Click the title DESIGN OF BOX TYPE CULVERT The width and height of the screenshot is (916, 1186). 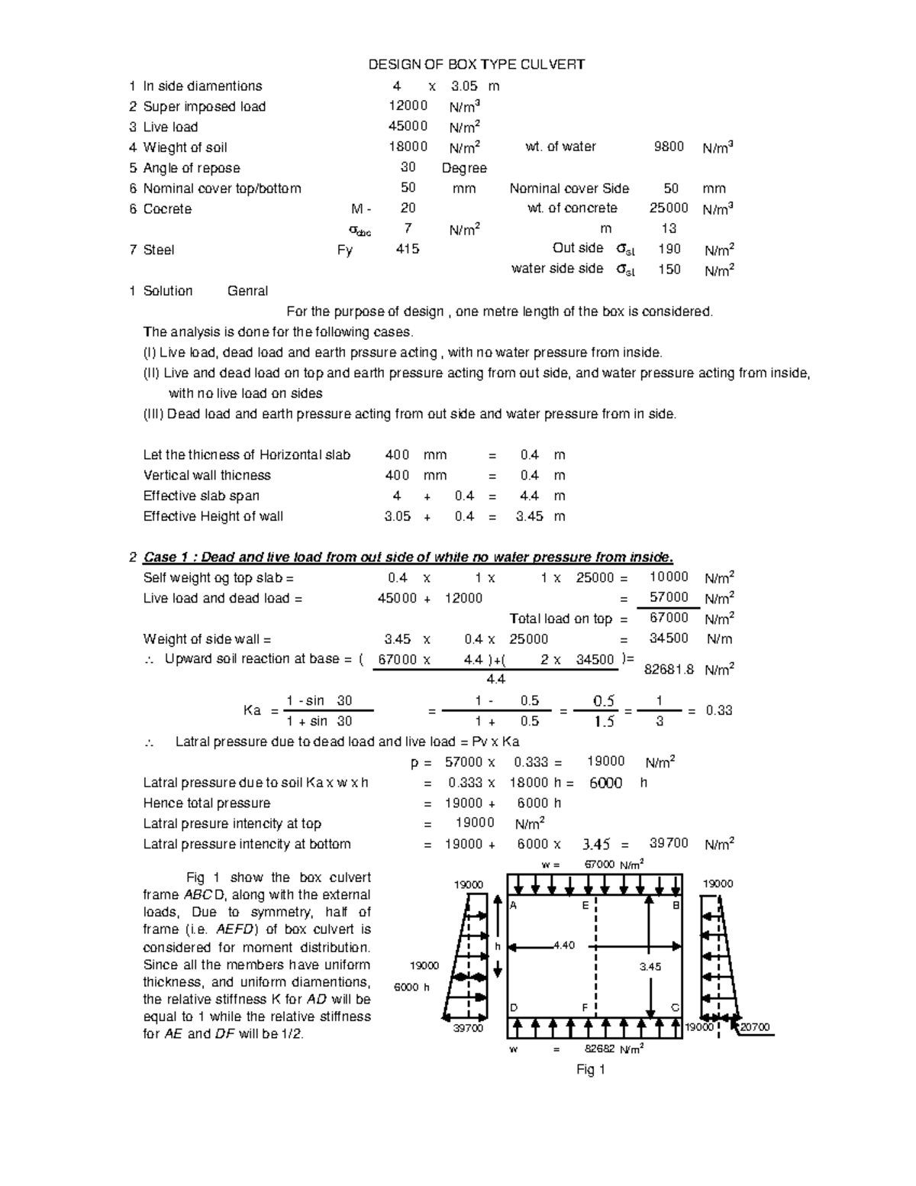[477, 64]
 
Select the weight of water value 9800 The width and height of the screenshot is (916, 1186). [669, 147]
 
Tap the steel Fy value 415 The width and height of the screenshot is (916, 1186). [407, 249]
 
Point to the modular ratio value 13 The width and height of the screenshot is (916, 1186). [669, 228]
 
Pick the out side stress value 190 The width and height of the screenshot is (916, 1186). [669, 249]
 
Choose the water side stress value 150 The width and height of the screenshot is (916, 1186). [669, 269]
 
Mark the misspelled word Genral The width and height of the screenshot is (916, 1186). [247, 291]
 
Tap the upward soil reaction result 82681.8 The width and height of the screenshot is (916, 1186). [669, 670]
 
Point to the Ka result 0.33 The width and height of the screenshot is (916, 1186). [719, 710]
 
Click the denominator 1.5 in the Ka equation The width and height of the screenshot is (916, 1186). [604, 722]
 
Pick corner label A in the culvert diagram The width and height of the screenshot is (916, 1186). [514, 906]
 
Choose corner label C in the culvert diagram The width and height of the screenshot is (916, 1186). [675, 1007]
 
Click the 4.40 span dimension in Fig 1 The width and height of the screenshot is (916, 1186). [563, 945]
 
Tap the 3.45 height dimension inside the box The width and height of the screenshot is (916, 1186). [650, 967]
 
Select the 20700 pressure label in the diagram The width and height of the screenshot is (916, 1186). [756, 1027]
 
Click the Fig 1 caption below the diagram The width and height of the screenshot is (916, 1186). [590, 1070]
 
